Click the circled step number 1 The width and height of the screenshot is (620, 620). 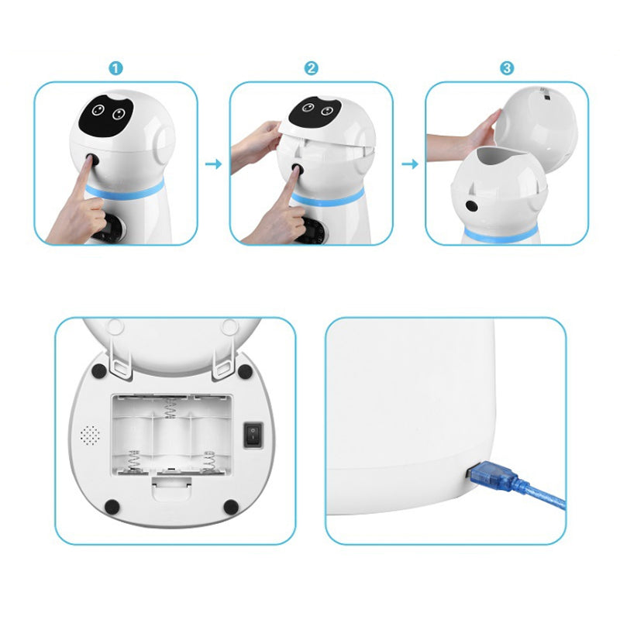tap(115, 68)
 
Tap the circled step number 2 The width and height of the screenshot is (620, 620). tap(312, 68)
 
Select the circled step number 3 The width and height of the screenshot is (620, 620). tap(507, 68)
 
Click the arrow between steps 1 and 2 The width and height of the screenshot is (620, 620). tap(214, 164)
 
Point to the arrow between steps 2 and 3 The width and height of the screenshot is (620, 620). tap(410, 164)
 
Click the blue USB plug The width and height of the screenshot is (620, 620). tap(494, 477)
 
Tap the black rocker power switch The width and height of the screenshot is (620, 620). tap(253, 435)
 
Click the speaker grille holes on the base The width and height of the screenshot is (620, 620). tap(90, 436)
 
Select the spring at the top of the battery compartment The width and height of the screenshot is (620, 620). tap(170, 408)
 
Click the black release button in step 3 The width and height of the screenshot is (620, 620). tap(471, 206)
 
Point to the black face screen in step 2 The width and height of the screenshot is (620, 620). tap(315, 111)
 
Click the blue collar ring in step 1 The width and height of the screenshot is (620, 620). tap(125, 190)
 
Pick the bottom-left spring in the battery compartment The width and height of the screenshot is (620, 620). tap(133, 460)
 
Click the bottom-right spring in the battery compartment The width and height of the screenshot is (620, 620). tap(208, 460)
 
